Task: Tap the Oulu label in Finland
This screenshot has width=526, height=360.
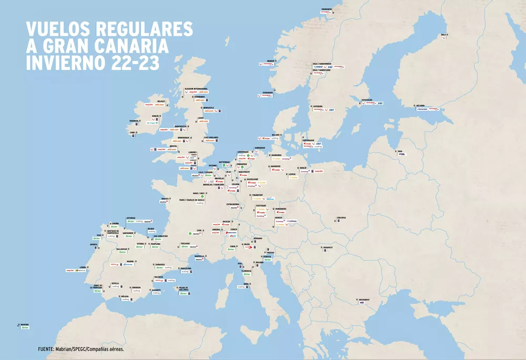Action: click(x=443, y=35)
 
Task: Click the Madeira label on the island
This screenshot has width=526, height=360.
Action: click(x=24, y=324)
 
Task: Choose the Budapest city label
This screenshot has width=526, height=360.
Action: click(x=329, y=246)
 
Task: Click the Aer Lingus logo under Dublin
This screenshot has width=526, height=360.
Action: click(x=150, y=123)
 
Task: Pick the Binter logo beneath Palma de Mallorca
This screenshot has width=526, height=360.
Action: click(x=184, y=293)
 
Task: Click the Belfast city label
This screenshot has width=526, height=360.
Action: click(x=161, y=101)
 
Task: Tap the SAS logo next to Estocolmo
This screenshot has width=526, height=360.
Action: click(x=380, y=103)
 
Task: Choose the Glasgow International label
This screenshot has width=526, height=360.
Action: click(x=196, y=88)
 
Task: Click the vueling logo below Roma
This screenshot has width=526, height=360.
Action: click(x=241, y=287)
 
